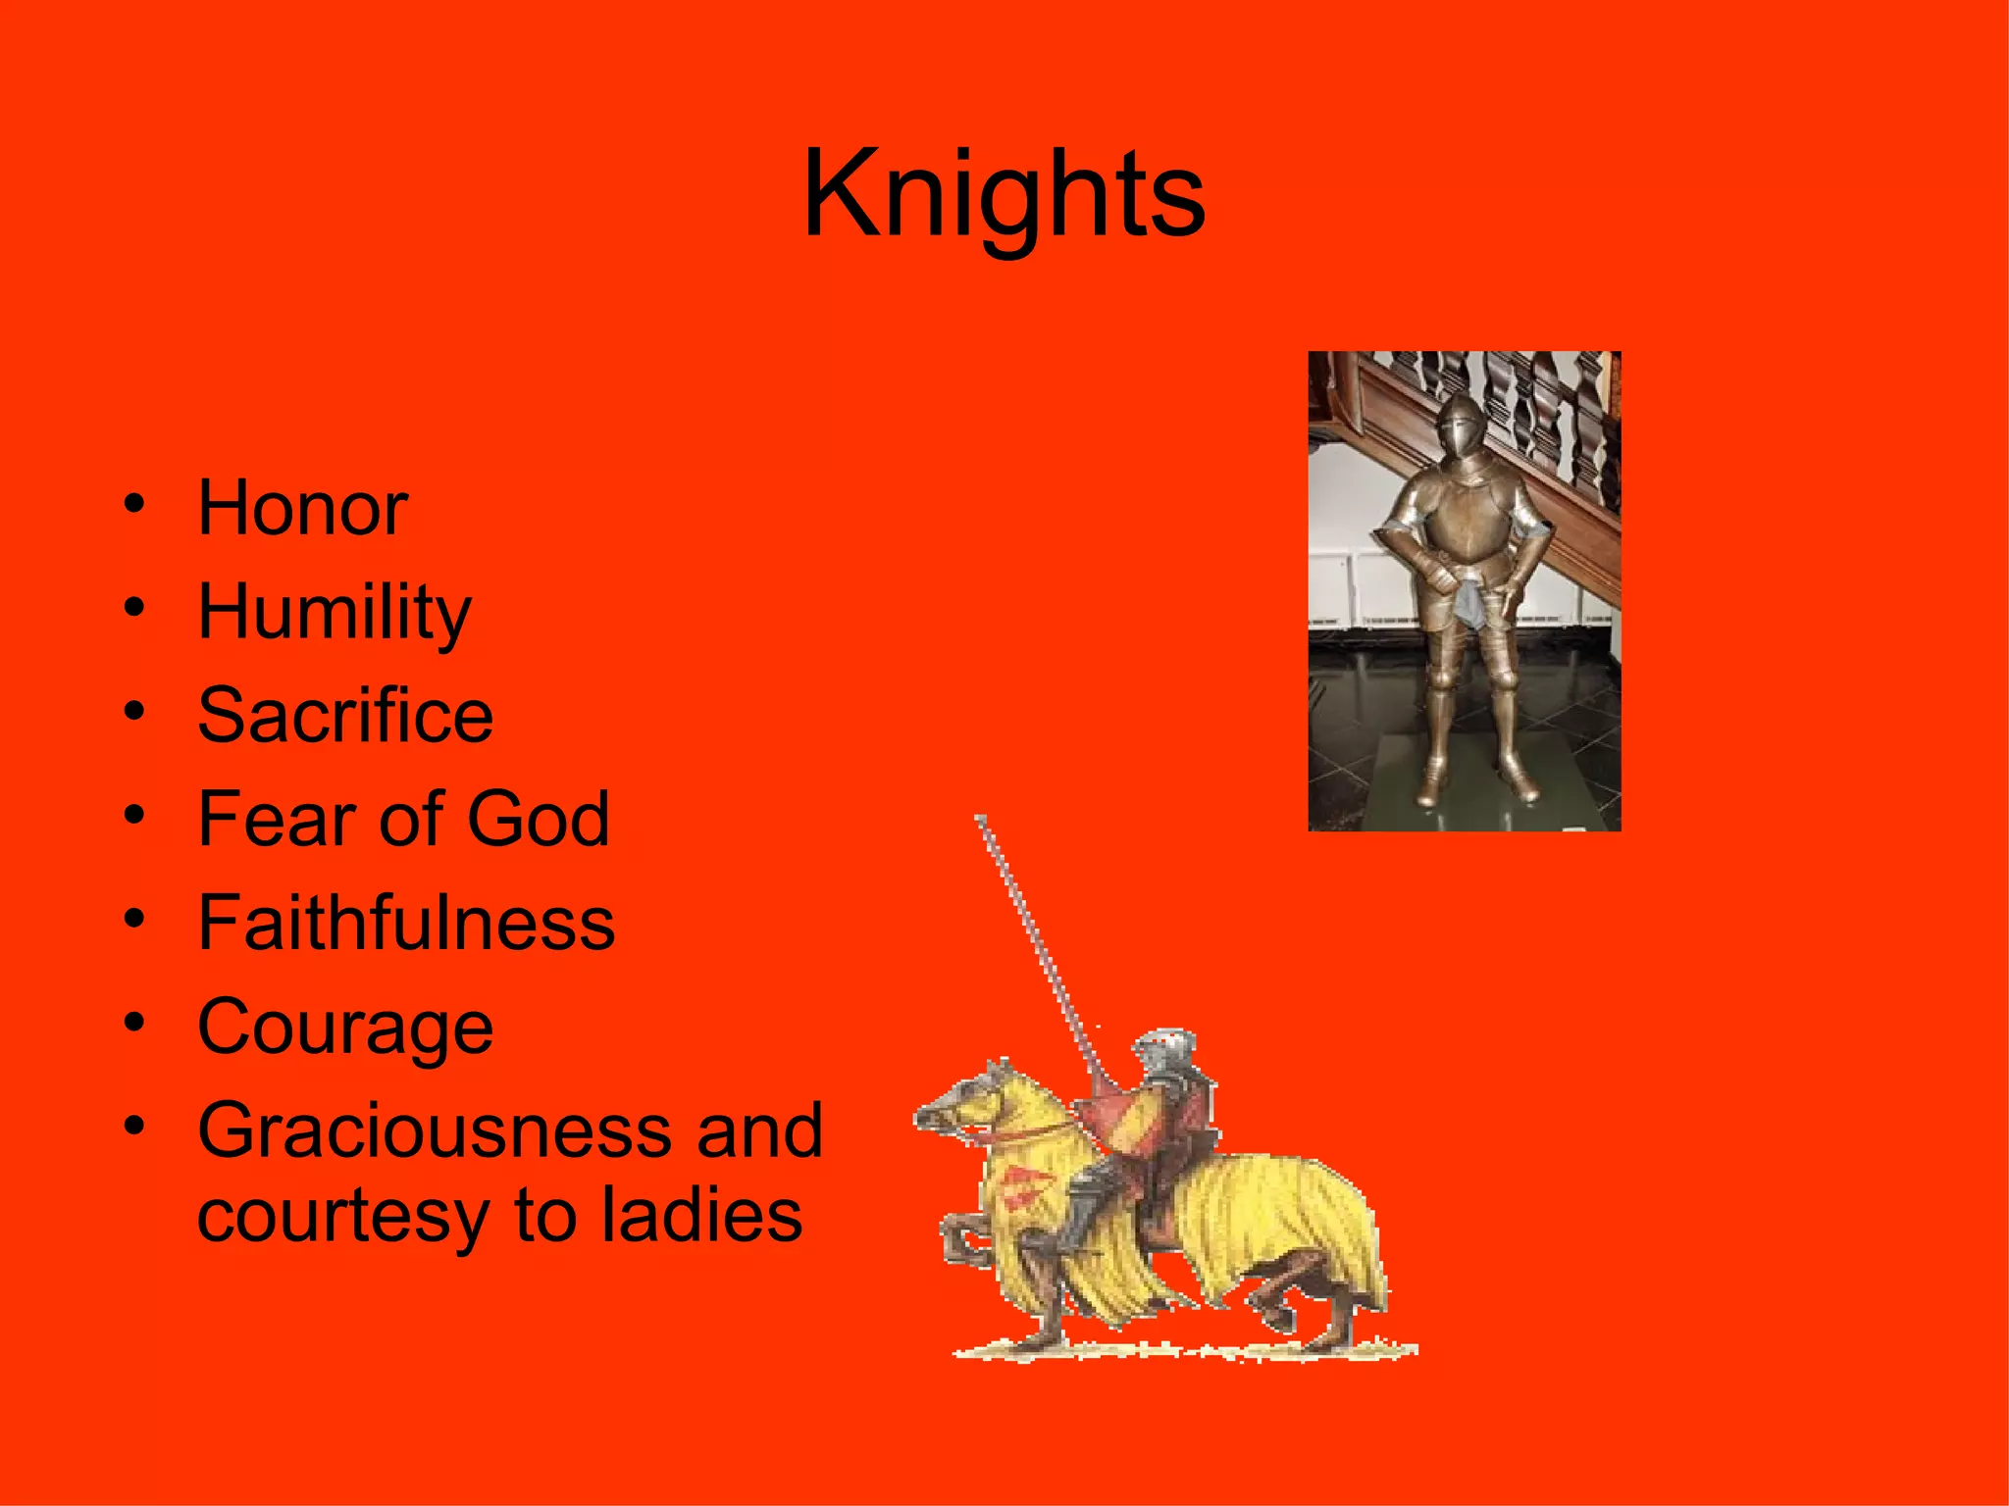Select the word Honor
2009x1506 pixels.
point(302,509)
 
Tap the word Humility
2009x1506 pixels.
point(334,613)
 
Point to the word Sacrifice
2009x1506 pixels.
point(345,716)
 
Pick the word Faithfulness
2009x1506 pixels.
point(406,923)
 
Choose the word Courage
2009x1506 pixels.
point(345,1028)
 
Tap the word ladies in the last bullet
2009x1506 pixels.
point(701,1216)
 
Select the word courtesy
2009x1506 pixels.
point(342,1216)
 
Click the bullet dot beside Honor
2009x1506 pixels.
point(134,506)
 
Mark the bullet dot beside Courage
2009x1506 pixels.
point(134,1024)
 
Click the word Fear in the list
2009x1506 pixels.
point(276,819)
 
